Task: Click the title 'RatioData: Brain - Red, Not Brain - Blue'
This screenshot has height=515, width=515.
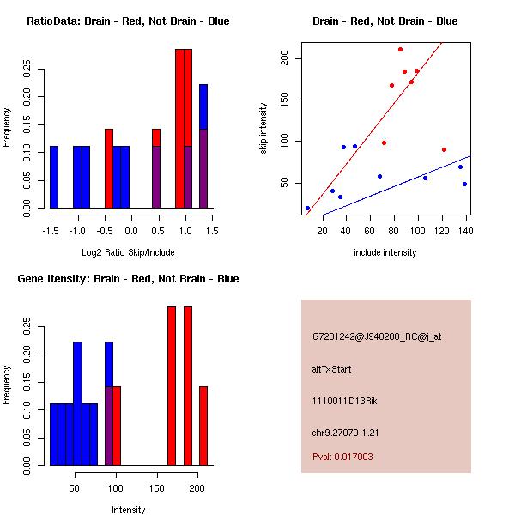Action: (x=128, y=21)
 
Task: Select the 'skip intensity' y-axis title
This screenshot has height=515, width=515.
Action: (x=264, y=128)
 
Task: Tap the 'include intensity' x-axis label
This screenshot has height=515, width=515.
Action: (x=385, y=252)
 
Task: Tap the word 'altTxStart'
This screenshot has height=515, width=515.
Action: (x=332, y=369)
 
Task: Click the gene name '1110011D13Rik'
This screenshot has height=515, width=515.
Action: (x=341, y=401)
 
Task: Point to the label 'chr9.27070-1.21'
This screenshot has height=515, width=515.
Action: (x=344, y=432)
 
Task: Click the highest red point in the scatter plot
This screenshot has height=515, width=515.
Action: (x=400, y=50)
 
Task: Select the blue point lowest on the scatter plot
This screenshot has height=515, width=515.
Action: (x=307, y=208)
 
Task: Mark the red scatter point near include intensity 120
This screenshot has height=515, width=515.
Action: (x=444, y=149)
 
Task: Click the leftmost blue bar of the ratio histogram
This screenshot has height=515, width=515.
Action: (x=54, y=177)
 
